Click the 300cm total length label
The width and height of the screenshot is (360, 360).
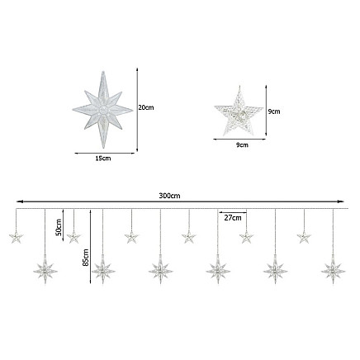pyautogui.click(x=169, y=196)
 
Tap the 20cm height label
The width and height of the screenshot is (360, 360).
pyautogui.click(x=146, y=107)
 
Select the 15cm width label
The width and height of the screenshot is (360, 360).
pyautogui.click(x=103, y=159)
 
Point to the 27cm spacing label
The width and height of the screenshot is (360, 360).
pyautogui.click(x=233, y=218)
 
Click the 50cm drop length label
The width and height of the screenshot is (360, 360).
pyautogui.click(x=59, y=227)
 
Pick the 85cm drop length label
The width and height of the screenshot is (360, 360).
pyautogui.click(x=86, y=258)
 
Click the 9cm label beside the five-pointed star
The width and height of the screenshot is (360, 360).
pyautogui.click(x=274, y=111)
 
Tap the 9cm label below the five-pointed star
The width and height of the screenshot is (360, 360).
pyautogui.click(x=242, y=144)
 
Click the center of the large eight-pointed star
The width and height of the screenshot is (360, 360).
pyautogui.click(x=103, y=111)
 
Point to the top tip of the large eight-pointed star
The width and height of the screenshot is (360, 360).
pyautogui.click(x=103, y=72)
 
